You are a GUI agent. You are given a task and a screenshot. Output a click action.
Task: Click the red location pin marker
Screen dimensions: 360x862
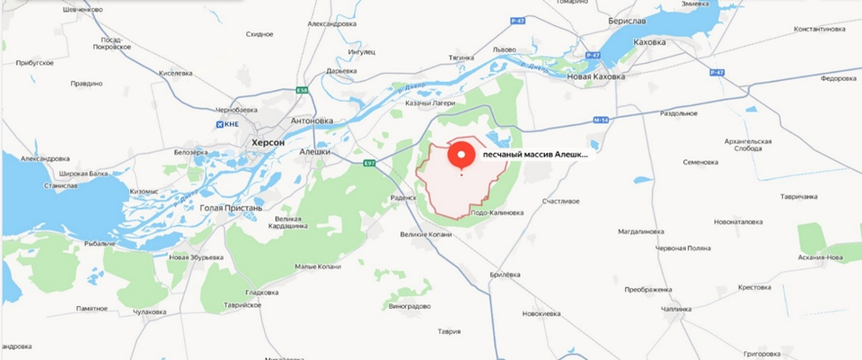point(462,155)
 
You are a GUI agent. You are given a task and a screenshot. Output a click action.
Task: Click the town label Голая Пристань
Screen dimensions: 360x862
point(231,207)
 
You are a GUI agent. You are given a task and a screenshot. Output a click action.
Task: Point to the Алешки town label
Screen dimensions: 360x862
point(316,152)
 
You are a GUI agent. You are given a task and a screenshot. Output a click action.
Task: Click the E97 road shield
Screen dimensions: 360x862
point(369,162)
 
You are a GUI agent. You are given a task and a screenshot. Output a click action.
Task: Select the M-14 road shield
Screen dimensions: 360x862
point(601,119)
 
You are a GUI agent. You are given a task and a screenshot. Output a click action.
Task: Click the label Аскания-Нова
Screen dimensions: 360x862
point(821,257)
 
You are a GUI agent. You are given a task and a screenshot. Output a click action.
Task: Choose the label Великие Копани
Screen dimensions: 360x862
point(425,234)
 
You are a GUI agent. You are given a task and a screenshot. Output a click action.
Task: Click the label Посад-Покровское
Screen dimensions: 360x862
point(123,45)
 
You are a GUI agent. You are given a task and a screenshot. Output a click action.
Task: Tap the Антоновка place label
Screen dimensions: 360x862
point(312,120)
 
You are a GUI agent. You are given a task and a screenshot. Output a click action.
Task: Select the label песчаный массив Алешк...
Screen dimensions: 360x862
point(535,154)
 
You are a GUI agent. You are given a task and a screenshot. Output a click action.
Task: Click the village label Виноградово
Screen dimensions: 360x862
point(411,306)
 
